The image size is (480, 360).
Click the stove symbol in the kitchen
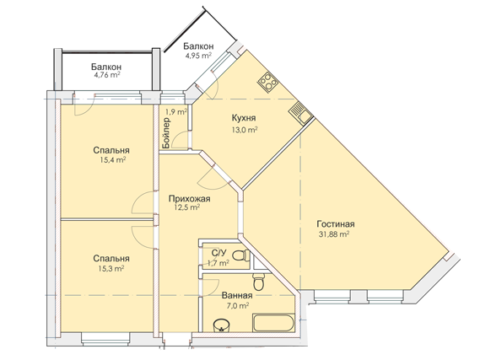(x=268, y=82)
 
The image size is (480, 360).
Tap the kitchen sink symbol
(x=300, y=114)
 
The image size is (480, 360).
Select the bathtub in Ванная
(x=273, y=322)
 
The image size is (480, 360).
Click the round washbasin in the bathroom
(x=221, y=325)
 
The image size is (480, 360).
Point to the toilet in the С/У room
(x=241, y=255)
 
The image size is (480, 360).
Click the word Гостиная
(x=336, y=224)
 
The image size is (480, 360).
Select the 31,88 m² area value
(x=334, y=234)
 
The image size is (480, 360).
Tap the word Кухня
(x=244, y=118)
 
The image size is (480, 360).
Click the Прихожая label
(x=190, y=199)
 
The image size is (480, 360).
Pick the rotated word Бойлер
(x=166, y=133)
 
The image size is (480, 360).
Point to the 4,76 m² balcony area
(x=107, y=75)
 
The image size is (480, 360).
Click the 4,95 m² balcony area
(x=198, y=56)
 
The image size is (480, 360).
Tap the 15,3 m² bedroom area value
(x=111, y=269)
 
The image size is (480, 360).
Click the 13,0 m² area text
(x=245, y=130)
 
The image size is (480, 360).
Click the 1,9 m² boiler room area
(x=176, y=112)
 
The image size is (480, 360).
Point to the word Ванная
(x=237, y=296)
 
